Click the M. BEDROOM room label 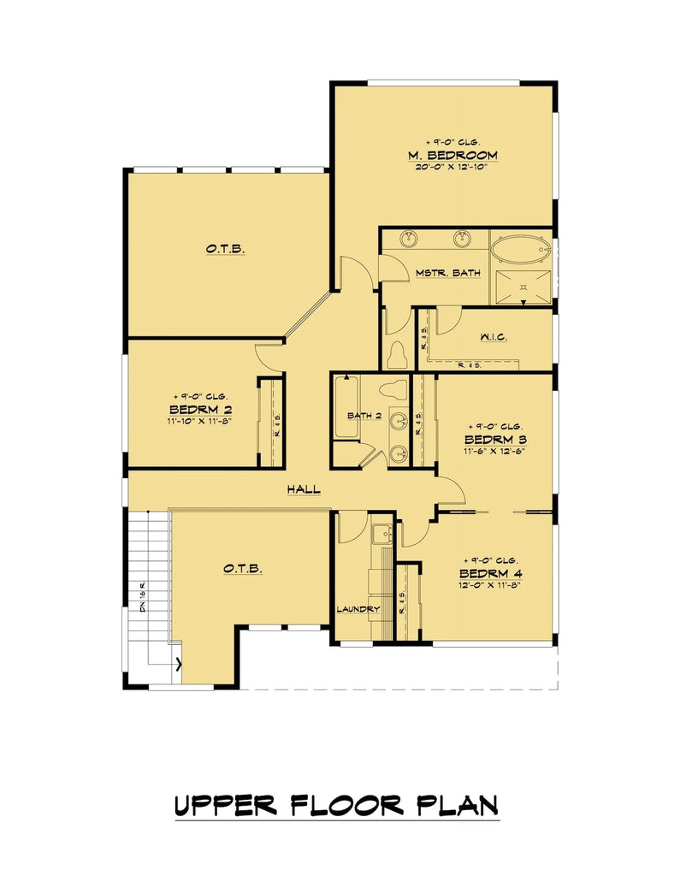tap(452, 155)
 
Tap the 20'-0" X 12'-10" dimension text tap(452, 167)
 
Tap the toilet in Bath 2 tap(395, 389)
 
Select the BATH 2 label tap(364, 416)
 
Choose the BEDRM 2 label tap(201, 410)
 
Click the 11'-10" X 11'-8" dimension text tap(201, 422)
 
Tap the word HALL tap(304, 489)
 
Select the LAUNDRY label tap(358, 609)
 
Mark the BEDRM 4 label tap(490, 572)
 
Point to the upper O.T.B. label tap(225, 249)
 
